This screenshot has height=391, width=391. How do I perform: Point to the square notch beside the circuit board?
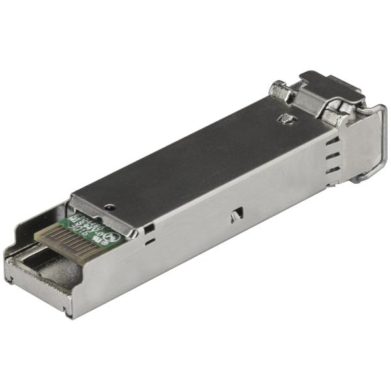click(150, 228)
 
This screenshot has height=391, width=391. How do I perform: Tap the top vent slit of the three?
click(332, 140)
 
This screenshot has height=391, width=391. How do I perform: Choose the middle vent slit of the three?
click(332, 155)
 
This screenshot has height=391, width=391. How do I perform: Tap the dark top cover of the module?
click(195, 156)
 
